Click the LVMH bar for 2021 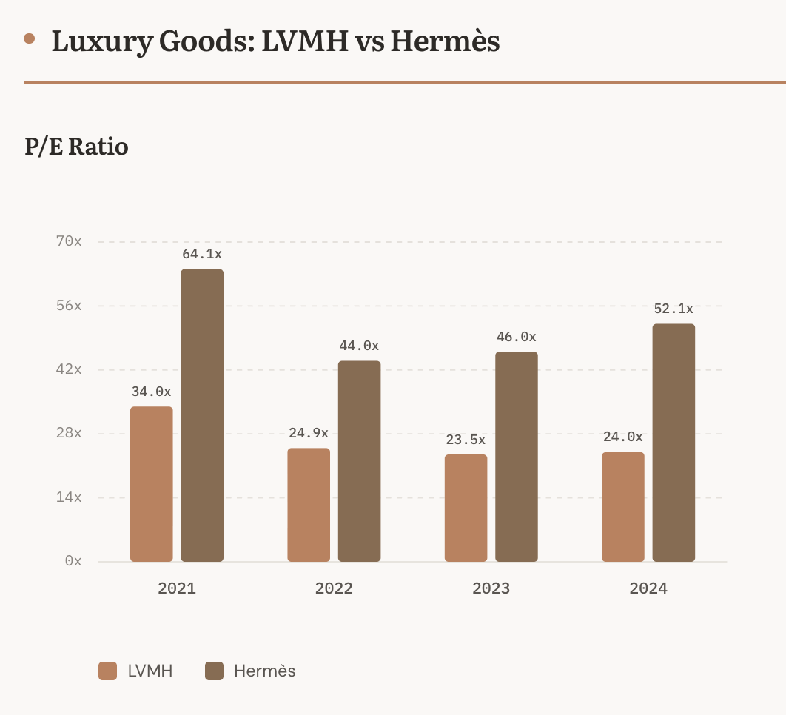(152, 484)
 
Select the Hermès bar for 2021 (202, 415)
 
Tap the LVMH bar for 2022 (309, 505)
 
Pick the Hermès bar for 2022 (359, 461)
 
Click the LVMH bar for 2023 (466, 508)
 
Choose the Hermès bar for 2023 (516, 457)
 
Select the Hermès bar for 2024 (674, 443)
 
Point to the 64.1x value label (202, 254)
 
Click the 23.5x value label (466, 440)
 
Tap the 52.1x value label (674, 309)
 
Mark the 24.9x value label (309, 433)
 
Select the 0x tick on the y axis (73, 561)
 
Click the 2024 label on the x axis (648, 588)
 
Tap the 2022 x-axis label (334, 588)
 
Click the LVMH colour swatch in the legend (108, 671)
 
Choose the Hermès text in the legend (264, 671)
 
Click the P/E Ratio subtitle (76, 147)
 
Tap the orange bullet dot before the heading (30, 39)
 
